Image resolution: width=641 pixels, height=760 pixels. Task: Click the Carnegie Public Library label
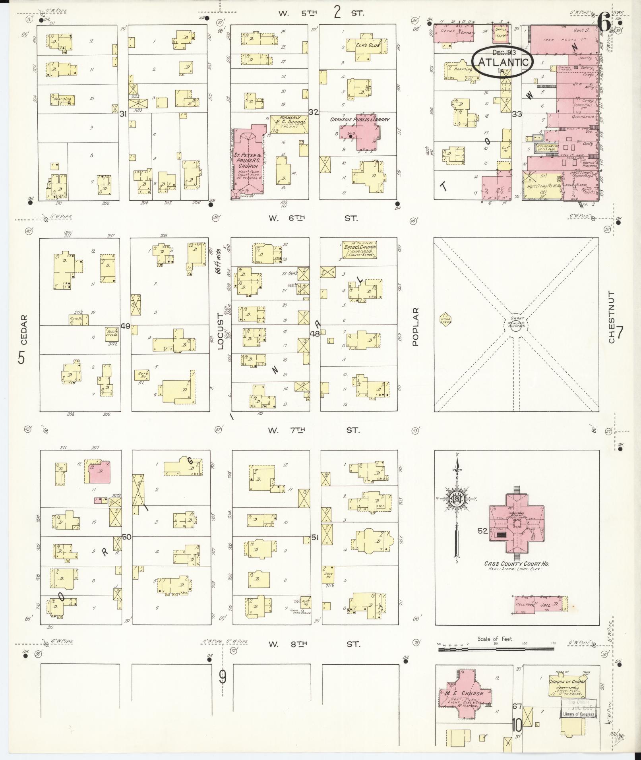pos(360,119)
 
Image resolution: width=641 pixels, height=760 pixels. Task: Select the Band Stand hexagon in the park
pos(445,318)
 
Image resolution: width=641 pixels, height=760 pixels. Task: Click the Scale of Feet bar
pos(496,650)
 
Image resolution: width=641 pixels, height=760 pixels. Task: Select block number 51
pos(315,538)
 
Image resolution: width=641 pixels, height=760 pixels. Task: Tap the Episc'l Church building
pos(358,249)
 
